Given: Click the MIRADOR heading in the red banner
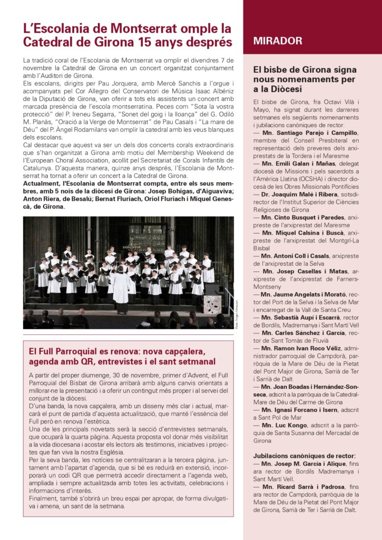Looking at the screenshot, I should tap(278, 41).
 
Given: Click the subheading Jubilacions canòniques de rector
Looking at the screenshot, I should tap(304, 456).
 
